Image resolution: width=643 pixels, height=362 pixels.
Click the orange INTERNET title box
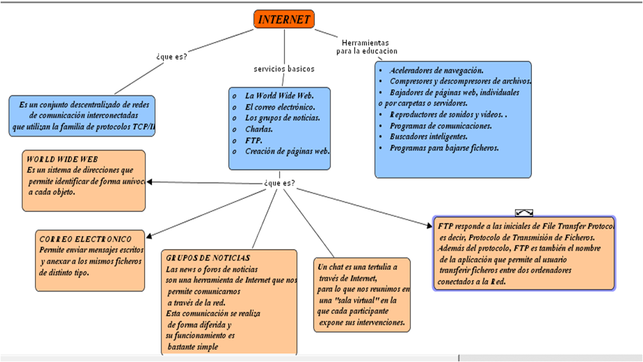pyautogui.click(x=284, y=19)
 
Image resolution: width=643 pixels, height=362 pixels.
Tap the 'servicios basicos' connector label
pyautogui.click(x=284, y=69)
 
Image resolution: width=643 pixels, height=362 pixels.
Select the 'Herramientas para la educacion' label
pyautogui.click(x=366, y=46)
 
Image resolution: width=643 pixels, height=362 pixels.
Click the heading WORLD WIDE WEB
pyautogui.click(x=62, y=159)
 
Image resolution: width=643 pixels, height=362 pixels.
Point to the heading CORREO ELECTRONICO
pyautogui.click(x=85, y=239)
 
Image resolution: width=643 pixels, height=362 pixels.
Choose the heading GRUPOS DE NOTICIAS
pyautogui.click(x=208, y=258)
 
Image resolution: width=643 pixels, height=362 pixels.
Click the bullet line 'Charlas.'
pyautogui.click(x=258, y=129)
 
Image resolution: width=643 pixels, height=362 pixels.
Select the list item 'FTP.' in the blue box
pyautogui.click(x=253, y=141)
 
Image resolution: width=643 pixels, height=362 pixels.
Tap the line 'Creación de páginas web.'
pyautogui.click(x=287, y=152)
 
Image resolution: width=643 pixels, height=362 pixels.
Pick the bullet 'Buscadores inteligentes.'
pyautogui.click(x=428, y=137)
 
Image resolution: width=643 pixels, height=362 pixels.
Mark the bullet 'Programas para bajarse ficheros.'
pyautogui.click(x=444, y=148)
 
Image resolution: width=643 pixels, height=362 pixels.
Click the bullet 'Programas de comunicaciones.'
pyautogui.click(x=440, y=125)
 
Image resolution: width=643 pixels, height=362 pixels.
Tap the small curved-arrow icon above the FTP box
pyautogui.click(x=524, y=213)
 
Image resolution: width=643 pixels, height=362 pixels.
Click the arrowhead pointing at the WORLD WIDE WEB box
pyautogui.click(x=150, y=182)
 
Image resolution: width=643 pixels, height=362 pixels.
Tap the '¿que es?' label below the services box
pyautogui.click(x=280, y=184)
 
